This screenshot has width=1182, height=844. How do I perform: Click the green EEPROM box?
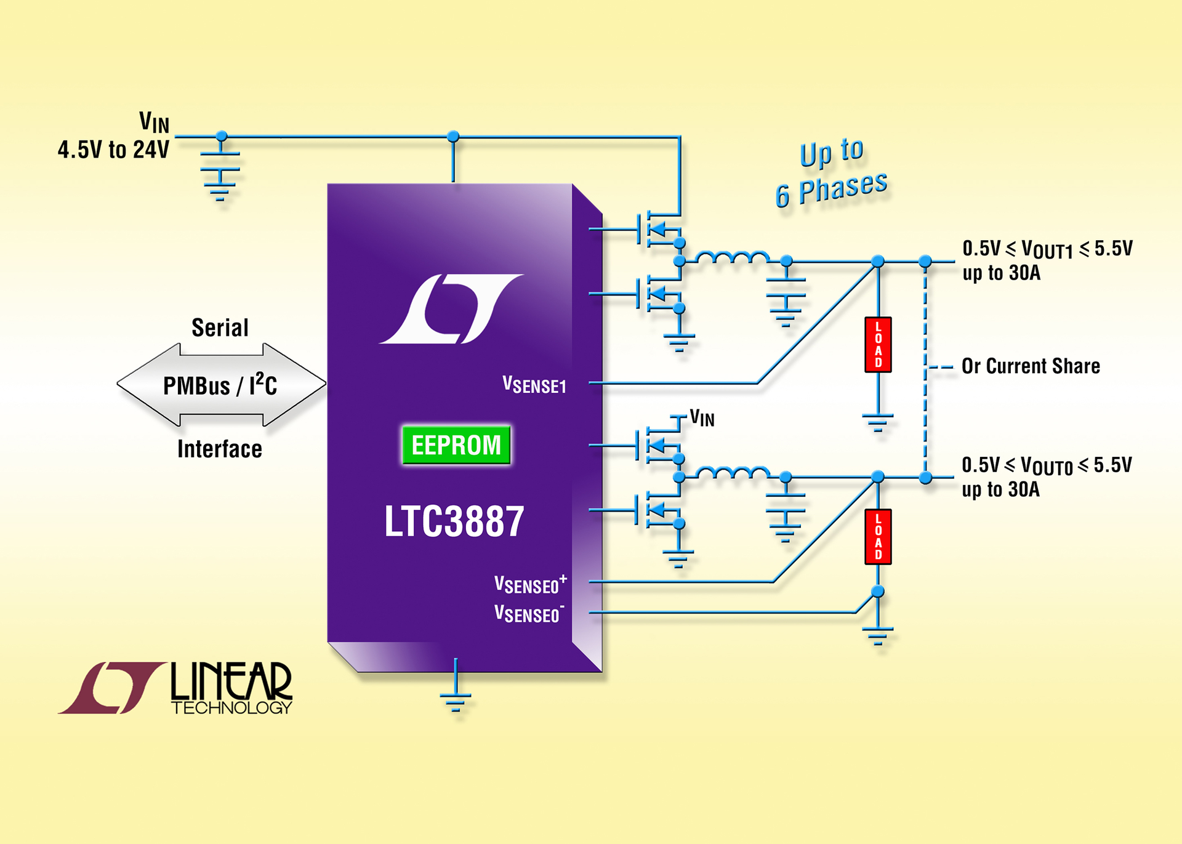tap(456, 444)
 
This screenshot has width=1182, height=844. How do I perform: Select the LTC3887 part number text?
tap(454, 521)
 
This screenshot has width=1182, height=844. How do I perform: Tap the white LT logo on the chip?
tap(451, 308)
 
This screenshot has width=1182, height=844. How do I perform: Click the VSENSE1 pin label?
tap(534, 385)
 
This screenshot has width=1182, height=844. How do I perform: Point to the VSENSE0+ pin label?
tap(530, 584)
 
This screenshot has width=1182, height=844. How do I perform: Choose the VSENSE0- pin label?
tap(529, 613)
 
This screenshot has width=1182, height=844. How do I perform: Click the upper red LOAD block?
tap(878, 345)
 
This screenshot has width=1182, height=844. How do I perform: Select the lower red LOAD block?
tap(878, 537)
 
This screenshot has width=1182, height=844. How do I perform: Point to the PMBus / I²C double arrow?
tap(221, 385)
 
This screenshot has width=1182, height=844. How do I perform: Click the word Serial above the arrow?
tap(220, 328)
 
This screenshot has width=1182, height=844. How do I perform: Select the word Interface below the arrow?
tap(220, 449)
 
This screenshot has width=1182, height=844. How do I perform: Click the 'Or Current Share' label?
tap(1031, 366)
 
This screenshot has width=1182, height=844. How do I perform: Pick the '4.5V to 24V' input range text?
tap(113, 150)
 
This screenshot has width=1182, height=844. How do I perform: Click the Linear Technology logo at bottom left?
tap(175, 688)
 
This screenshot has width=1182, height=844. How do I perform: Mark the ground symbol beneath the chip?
tap(456, 699)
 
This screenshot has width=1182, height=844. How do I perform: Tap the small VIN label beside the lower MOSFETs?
tap(702, 419)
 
